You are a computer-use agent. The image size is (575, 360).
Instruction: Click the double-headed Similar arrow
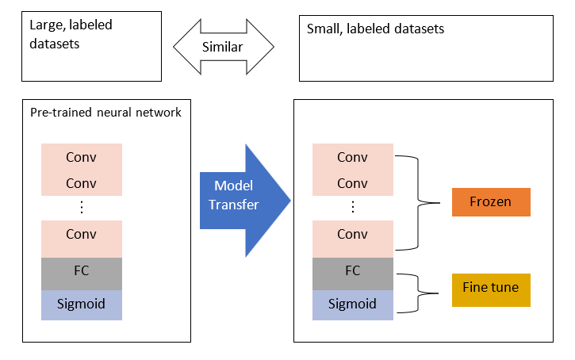[223, 47]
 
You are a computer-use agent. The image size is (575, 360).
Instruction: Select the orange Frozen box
[490, 202]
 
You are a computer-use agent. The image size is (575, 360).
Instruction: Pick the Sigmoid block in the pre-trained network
[82, 304]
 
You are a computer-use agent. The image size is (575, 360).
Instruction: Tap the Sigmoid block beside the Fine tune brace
[352, 304]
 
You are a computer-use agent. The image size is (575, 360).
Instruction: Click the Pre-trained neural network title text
[105, 113]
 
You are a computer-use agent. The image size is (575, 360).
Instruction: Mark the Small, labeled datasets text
[375, 29]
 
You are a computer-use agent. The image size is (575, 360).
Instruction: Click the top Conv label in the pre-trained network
[82, 157]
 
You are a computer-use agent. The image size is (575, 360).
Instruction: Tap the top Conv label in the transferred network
[352, 157]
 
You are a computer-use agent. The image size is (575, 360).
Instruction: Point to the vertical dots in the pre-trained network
[82, 208]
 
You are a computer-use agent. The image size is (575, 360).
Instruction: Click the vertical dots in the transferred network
[352, 208]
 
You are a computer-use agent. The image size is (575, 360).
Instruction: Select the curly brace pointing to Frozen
[420, 202]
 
